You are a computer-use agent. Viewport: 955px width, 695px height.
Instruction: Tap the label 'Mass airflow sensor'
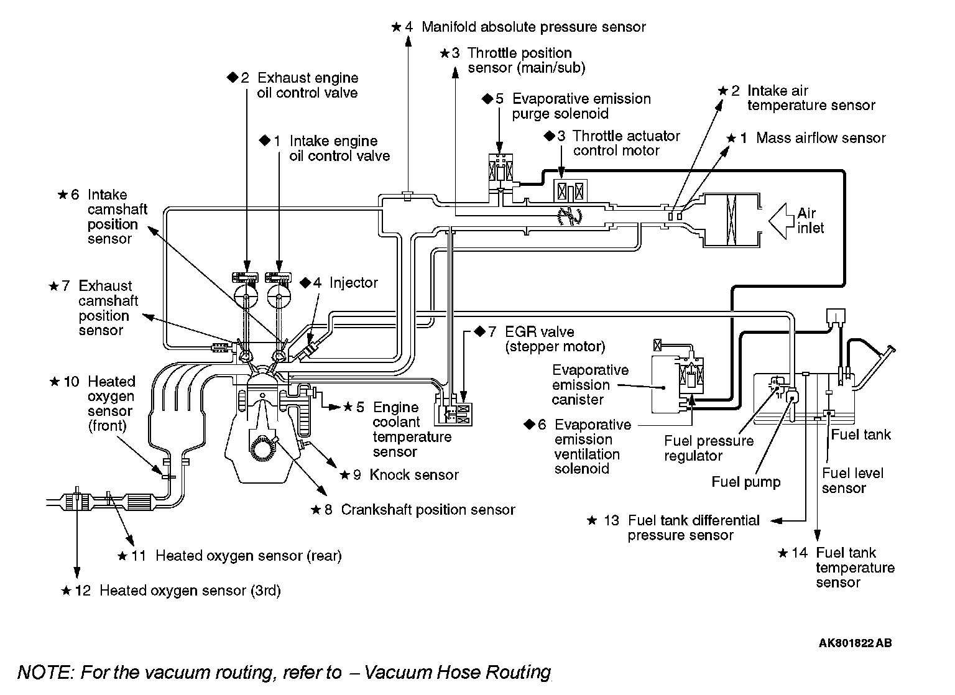820,138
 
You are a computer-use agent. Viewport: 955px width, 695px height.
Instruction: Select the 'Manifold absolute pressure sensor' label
533,27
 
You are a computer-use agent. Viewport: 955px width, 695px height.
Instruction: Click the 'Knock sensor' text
413,475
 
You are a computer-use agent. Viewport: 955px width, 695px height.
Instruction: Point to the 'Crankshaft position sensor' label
428,510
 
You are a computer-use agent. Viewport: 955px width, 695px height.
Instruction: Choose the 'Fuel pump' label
745,482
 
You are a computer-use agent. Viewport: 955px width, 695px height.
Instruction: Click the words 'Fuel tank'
860,435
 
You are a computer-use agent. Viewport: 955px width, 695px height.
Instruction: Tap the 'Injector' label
353,283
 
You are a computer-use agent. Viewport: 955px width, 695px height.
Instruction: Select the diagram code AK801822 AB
855,643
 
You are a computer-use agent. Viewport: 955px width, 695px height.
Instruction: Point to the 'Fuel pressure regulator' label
708,448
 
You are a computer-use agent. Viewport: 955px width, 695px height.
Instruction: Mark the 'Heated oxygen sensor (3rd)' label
190,591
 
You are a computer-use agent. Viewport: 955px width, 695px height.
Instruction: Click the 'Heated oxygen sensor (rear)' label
248,556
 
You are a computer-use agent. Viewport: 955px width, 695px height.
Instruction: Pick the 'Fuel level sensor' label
852,481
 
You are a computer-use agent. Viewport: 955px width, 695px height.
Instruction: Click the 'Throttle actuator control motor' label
626,143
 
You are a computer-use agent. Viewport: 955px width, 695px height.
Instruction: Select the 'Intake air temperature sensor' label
811,98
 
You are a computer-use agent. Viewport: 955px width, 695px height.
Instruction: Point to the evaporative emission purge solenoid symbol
501,168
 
